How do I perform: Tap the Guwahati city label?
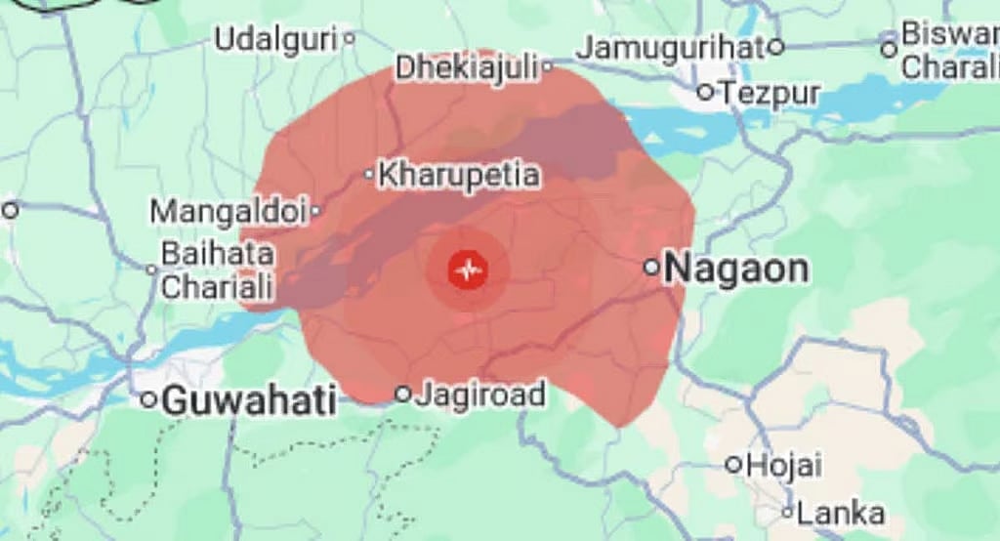pyautogui.click(x=249, y=399)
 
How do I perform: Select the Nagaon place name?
pyautogui.click(x=736, y=269)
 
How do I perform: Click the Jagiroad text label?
pyautogui.click(x=480, y=395)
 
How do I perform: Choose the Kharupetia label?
pyautogui.click(x=458, y=175)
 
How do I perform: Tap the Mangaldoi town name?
pyautogui.click(x=229, y=210)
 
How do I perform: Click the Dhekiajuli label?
pyautogui.click(x=467, y=68)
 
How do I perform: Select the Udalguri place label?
pyautogui.click(x=276, y=40)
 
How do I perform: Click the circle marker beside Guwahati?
pyautogui.click(x=148, y=399)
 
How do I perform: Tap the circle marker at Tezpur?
pyautogui.click(x=706, y=93)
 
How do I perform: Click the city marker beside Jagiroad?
pyautogui.click(x=402, y=394)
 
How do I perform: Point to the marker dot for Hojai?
pyautogui.click(x=734, y=465)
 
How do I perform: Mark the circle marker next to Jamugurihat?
pyautogui.click(x=775, y=46)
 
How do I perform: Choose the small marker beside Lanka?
pyautogui.click(x=787, y=512)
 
